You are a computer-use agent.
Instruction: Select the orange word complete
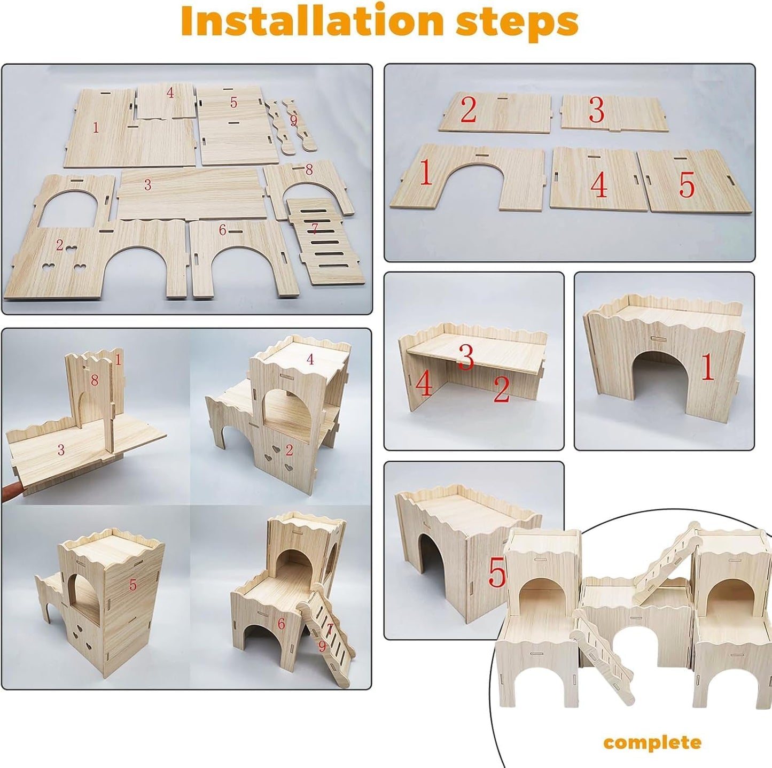pos(652,742)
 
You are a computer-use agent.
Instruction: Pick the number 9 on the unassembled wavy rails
pos(293,120)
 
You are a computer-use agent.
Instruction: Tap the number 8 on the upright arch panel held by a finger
pos(95,381)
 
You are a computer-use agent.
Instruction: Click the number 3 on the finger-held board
pos(61,450)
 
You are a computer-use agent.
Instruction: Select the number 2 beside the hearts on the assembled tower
pos(289,451)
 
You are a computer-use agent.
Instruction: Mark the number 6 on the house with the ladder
pos(281,624)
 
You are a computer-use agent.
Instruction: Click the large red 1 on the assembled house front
pos(707,367)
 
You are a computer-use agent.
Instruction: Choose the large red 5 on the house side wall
pos(496,574)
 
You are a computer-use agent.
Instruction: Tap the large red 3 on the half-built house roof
pos(466,357)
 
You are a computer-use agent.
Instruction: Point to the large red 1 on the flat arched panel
pos(425,173)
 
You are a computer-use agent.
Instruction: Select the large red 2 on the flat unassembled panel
pos(468,110)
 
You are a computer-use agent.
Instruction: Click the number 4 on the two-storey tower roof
pos(310,360)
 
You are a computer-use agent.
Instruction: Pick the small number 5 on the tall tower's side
pos(132,585)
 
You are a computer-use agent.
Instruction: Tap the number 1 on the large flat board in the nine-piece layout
pos(96,128)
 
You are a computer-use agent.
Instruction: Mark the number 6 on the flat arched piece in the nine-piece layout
pos(222,230)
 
